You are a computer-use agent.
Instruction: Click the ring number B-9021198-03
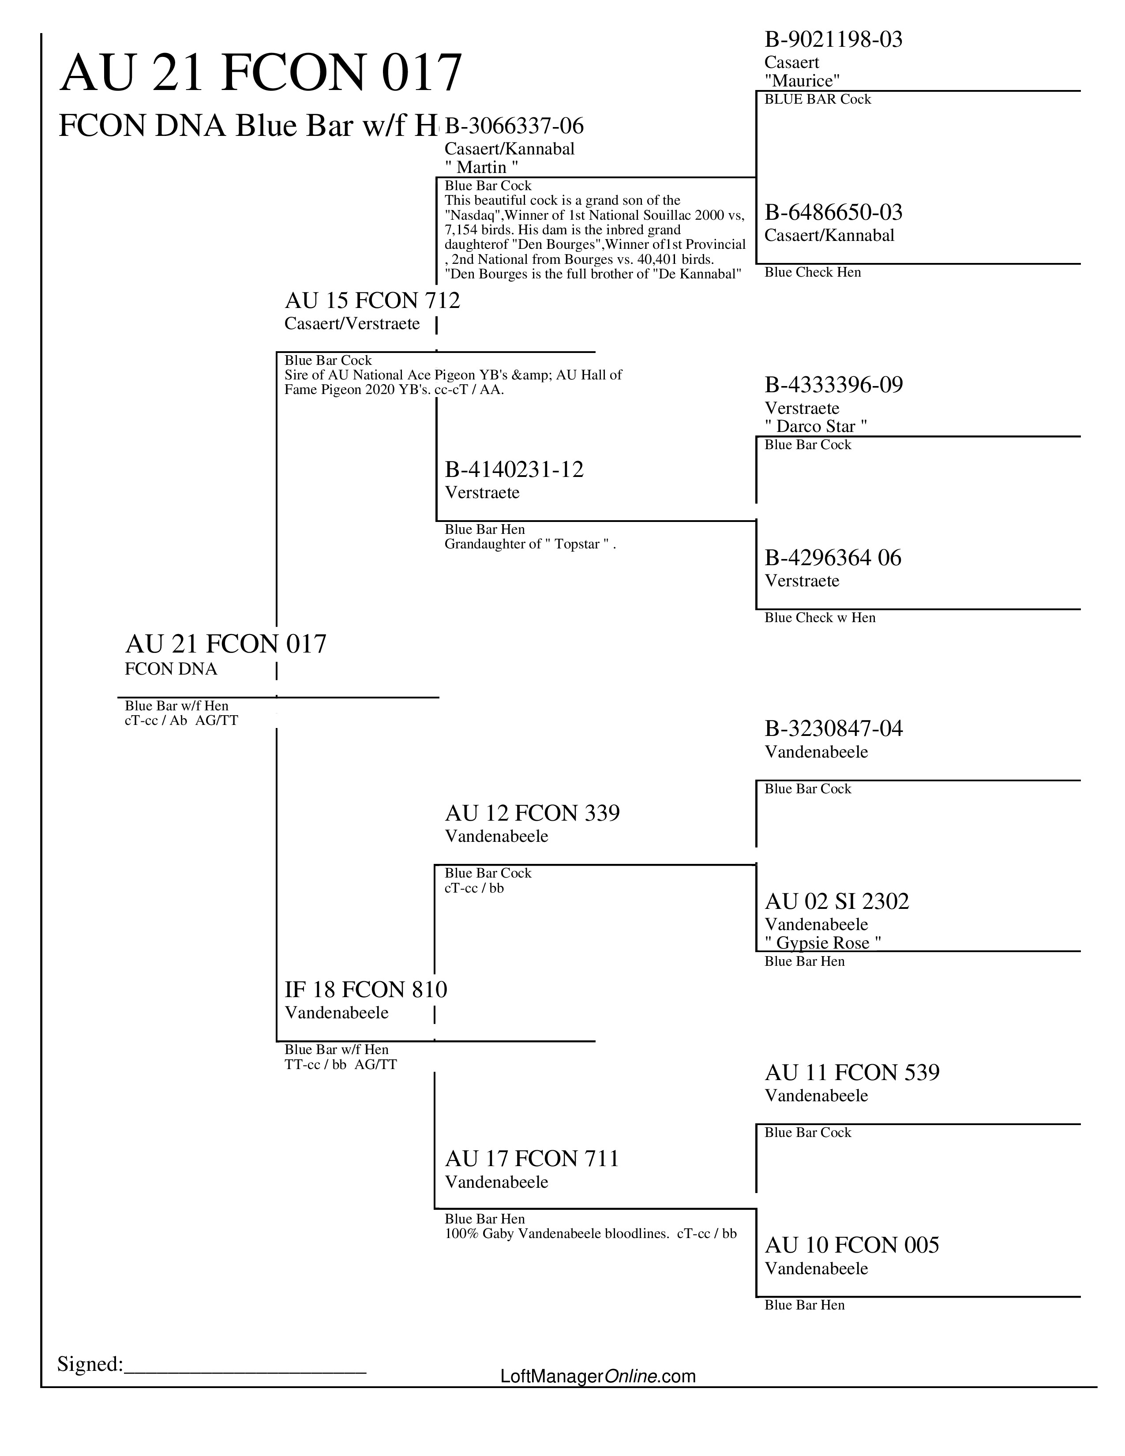click(x=833, y=40)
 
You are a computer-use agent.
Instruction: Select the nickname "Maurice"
click(x=802, y=81)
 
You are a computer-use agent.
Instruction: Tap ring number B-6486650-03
click(x=833, y=213)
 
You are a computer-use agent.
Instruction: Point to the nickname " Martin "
click(x=481, y=167)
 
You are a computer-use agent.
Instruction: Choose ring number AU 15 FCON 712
click(x=372, y=300)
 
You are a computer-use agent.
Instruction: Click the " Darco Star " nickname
click(x=816, y=426)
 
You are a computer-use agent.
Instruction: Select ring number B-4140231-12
click(x=514, y=470)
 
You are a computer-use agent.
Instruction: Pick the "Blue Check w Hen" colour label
click(x=820, y=618)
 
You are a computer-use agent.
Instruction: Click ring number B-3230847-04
click(x=833, y=729)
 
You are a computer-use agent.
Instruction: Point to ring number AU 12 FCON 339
click(x=532, y=813)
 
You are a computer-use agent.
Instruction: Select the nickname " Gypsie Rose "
click(x=823, y=943)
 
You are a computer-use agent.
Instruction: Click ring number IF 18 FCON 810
click(x=366, y=989)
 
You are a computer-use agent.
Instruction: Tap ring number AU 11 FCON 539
click(x=852, y=1073)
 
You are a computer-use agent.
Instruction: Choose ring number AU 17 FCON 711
click(x=532, y=1159)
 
